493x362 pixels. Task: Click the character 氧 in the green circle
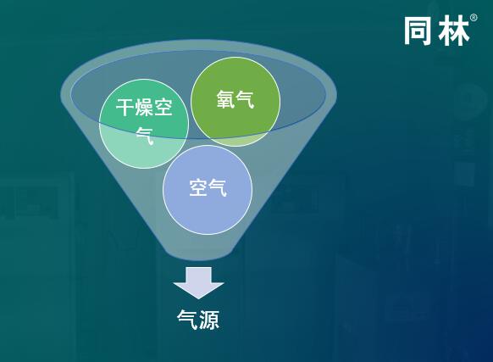point(224,101)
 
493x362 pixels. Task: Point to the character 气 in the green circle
point(245,101)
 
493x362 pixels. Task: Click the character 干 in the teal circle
point(125,109)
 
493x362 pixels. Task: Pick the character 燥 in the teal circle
point(144,109)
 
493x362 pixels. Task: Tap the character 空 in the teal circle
point(163,109)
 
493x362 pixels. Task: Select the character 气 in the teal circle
point(144,135)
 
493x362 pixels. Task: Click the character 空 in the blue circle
point(198,188)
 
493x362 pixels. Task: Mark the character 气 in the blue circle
point(218,188)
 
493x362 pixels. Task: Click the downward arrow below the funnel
point(198,281)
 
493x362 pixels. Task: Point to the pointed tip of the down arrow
point(198,297)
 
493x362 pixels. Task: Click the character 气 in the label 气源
point(187,320)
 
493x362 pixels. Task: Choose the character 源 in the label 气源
point(208,320)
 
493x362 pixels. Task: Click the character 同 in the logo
point(419,31)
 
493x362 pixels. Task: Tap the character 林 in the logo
point(453,31)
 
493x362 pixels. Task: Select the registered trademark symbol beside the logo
point(474,18)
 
